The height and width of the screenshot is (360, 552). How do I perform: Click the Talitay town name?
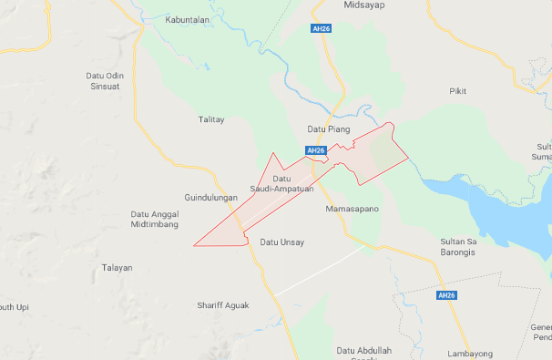point(211,119)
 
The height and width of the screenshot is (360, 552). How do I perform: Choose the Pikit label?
point(457,91)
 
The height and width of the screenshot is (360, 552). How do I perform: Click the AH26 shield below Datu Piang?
point(315,150)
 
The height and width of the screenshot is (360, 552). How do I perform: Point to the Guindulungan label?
point(210,197)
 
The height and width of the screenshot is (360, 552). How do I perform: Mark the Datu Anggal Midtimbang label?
point(155,219)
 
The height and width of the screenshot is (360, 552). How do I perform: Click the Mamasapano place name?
point(351,209)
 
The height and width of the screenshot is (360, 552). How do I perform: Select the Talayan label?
point(117,268)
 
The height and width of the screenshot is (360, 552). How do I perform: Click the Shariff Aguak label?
point(223,305)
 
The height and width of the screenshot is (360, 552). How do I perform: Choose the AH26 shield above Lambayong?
point(445,295)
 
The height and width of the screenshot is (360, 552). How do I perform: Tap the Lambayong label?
point(470,353)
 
